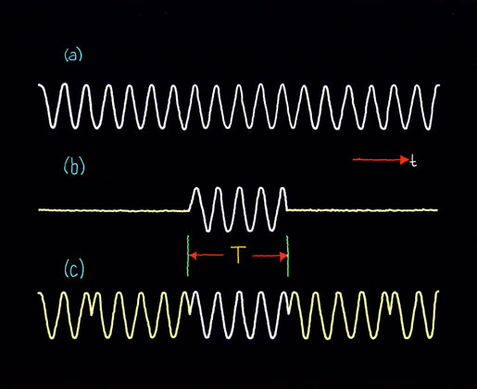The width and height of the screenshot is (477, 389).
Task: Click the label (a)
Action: coord(73,56)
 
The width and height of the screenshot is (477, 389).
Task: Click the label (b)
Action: coord(74,167)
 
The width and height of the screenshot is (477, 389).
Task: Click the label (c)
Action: coord(74,269)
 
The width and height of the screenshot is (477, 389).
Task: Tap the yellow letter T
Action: coord(238,255)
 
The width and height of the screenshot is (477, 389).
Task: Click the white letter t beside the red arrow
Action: coord(413,161)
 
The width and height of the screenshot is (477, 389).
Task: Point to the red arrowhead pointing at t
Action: coord(404,159)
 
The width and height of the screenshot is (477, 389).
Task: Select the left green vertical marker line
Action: coord(188,256)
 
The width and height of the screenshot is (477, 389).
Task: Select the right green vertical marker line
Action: coord(288,256)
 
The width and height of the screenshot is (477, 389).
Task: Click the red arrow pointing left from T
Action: coord(207,256)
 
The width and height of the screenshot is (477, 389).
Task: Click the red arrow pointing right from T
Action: coord(270,256)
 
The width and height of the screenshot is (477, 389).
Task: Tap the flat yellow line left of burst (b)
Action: coord(113,210)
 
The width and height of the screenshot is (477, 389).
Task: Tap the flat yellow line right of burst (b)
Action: coord(362,210)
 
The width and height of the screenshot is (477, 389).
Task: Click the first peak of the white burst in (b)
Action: coord(196,188)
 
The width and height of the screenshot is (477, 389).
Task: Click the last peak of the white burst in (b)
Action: coord(282,188)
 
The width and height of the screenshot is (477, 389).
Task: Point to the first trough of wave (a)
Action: coord(53,126)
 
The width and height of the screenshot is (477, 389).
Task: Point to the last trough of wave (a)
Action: coord(428,128)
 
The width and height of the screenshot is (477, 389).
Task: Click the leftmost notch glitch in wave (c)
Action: coord(92,312)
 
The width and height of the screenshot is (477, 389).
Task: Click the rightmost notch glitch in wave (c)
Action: coord(390,311)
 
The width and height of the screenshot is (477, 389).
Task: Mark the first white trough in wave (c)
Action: coord(207,336)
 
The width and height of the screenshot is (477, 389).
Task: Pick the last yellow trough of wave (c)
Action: coord(429,336)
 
